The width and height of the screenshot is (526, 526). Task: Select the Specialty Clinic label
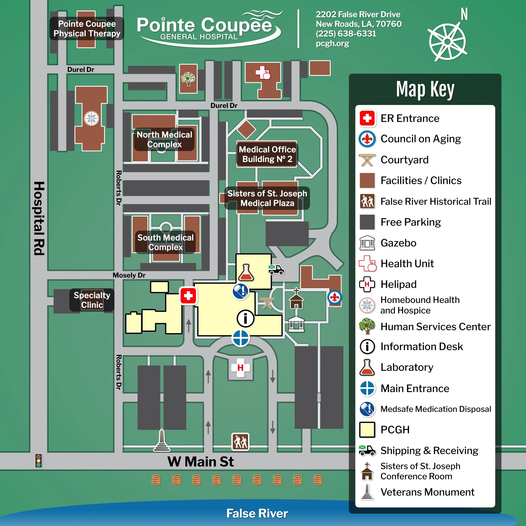pos(92,300)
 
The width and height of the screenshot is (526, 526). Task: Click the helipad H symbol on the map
pos(240,368)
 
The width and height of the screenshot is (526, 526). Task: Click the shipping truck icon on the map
pos(276,269)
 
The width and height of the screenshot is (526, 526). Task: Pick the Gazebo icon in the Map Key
pos(367,243)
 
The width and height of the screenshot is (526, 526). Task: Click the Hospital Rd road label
pos(39,218)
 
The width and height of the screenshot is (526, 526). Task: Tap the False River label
pos(257,513)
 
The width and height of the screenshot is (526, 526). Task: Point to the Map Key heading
pos(425,89)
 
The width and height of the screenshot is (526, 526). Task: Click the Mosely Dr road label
pos(129,275)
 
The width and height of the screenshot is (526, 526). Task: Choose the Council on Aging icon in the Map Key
pos(367,139)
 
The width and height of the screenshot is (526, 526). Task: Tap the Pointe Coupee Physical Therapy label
pos(87,29)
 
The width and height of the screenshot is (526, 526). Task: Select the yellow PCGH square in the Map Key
pos(367,430)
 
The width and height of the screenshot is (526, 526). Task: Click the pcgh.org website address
pos(332,44)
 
